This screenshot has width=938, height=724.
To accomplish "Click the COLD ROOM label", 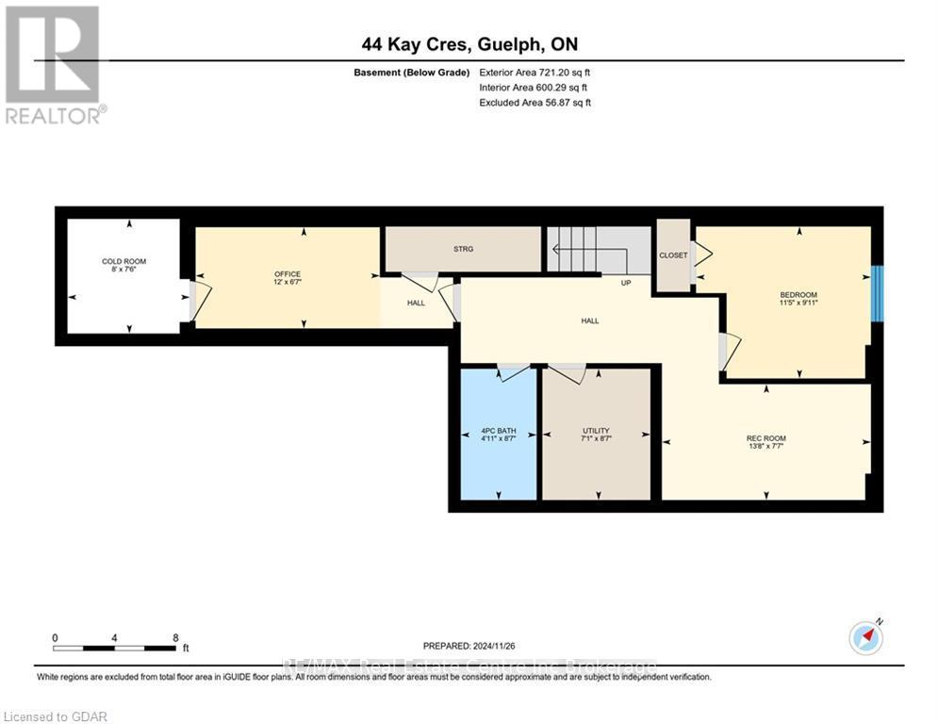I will [123, 261].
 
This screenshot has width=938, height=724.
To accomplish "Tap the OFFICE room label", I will [287, 274].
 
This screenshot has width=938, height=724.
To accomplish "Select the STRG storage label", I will [462, 249].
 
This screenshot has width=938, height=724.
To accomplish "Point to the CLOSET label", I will [673, 255].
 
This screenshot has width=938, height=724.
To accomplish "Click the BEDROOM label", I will [798, 295].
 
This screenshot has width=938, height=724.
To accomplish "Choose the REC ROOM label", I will [765, 438].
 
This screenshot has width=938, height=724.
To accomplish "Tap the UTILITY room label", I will [596, 432].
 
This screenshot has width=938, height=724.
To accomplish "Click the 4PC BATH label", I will [498, 432].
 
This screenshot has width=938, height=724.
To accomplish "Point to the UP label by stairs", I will [625, 283].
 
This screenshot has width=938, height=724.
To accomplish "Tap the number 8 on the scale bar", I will [175, 637].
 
